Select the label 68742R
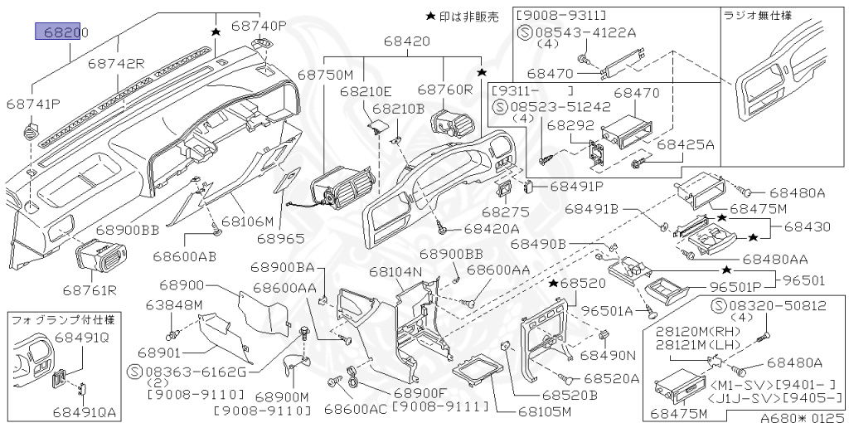point(116,63)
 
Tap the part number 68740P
point(259,26)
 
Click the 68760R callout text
point(445,89)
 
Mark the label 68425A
point(686,144)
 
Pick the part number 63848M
point(175,304)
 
